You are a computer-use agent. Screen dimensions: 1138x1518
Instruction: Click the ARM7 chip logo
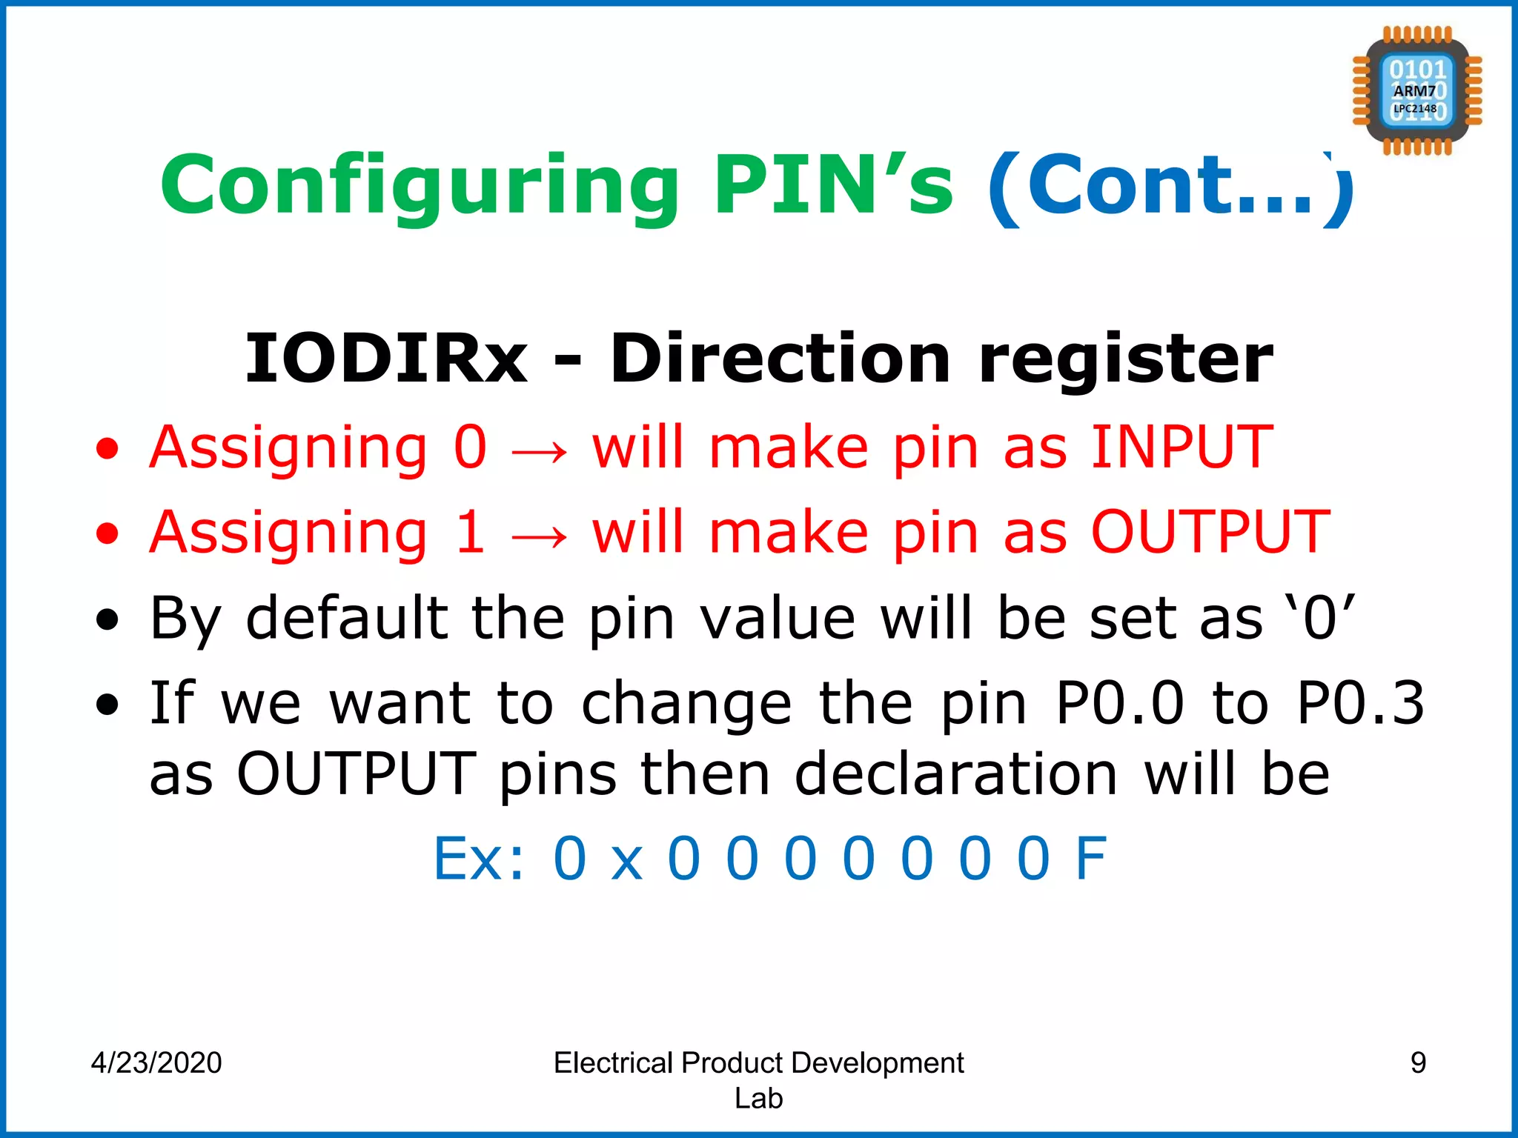point(1416,90)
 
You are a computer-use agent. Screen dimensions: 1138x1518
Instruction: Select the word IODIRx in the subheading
point(386,359)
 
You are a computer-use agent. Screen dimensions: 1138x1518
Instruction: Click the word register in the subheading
point(1126,360)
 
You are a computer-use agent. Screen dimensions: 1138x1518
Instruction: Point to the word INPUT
point(1181,447)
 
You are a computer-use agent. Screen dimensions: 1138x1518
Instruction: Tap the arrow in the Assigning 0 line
point(540,450)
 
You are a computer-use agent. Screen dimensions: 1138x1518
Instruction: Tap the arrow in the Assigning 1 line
point(540,535)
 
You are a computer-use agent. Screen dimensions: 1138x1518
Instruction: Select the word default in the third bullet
point(347,618)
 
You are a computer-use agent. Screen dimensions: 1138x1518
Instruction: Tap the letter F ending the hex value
point(1091,859)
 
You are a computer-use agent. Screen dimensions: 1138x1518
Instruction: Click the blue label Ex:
point(479,859)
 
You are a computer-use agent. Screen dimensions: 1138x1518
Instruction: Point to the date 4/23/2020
point(156,1062)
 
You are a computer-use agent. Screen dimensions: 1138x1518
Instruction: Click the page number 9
point(1418,1062)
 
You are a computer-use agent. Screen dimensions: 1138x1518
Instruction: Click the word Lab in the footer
point(758,1098)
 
